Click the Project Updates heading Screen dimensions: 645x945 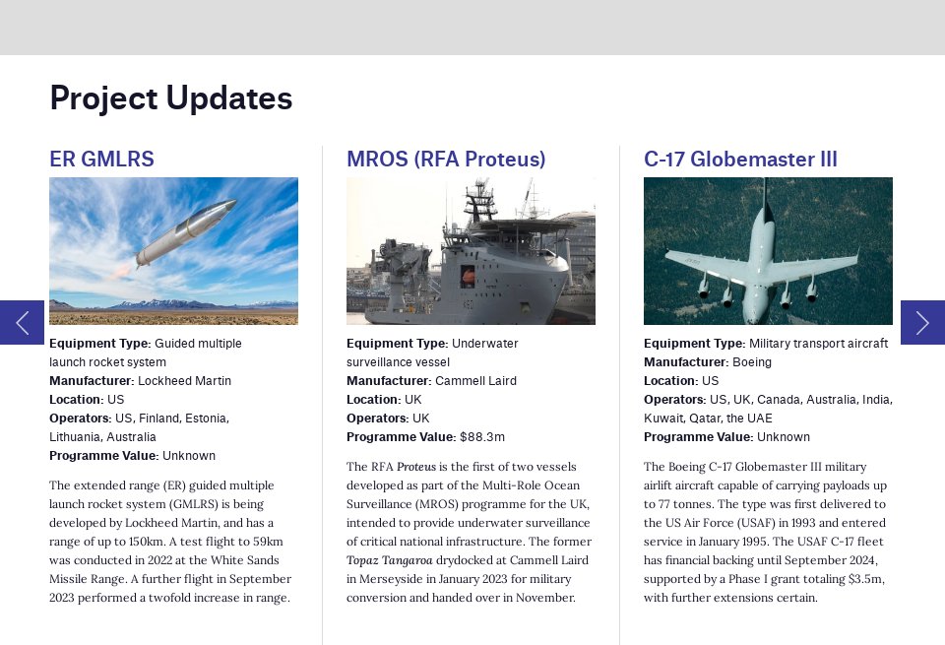coord(170,98)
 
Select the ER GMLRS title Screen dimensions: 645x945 coord(101,160)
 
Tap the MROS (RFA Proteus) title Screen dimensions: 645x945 coord(446,160)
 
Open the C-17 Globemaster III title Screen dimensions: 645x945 coord(740,160)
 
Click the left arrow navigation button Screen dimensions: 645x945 coord(22,322)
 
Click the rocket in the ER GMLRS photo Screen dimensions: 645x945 coord(187,232)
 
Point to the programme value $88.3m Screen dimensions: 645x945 coord(481,437)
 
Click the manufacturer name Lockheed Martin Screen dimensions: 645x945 coord(184,381)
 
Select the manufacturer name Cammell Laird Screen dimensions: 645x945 coord(475,381)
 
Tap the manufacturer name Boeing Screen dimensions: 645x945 coord(752,362)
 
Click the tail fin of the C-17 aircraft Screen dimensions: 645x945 coord(765,197)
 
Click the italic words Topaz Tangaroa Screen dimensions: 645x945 coord(389,560)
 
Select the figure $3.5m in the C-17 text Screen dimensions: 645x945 coord(863,579)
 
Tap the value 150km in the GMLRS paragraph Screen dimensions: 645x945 coord(140,542)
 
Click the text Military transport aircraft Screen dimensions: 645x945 coord(818,344)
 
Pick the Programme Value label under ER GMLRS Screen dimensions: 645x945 coord(103,456)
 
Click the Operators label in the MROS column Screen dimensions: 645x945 coord(377,419)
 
